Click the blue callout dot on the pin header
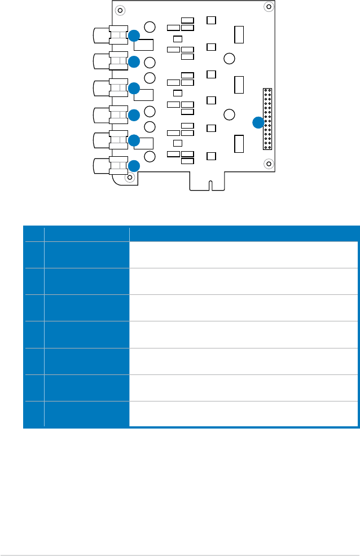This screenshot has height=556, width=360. click(x=258, y=122)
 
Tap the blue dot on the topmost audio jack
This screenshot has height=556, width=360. click(x=134, y=36)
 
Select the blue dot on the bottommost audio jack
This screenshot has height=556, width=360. click(x=134, y=166)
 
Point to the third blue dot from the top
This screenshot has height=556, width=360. click(x=134, y=88)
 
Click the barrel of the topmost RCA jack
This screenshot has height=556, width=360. click(x=102, y=36)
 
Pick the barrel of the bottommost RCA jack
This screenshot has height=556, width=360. click(x=102, y=166)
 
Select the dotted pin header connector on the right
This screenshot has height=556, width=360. click(x=267, y=118)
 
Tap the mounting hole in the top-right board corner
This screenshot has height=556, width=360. click(x=268, y=7)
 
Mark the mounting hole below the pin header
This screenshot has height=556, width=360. click(x=268, y=164)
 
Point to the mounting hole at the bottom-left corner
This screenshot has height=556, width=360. click(x=130, y=178)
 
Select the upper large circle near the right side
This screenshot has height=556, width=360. click(x=229, y=58)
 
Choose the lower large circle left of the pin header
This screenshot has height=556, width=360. click(x=229, y=114)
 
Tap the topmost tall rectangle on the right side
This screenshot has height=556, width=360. click(x=239, y=34)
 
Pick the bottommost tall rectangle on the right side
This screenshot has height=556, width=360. click(x=239, y=144)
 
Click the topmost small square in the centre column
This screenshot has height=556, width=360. click(x=211, y=20)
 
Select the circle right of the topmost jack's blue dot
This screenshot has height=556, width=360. click(x=150, y=27)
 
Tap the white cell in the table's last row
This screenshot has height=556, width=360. click(x=244, y=413)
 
